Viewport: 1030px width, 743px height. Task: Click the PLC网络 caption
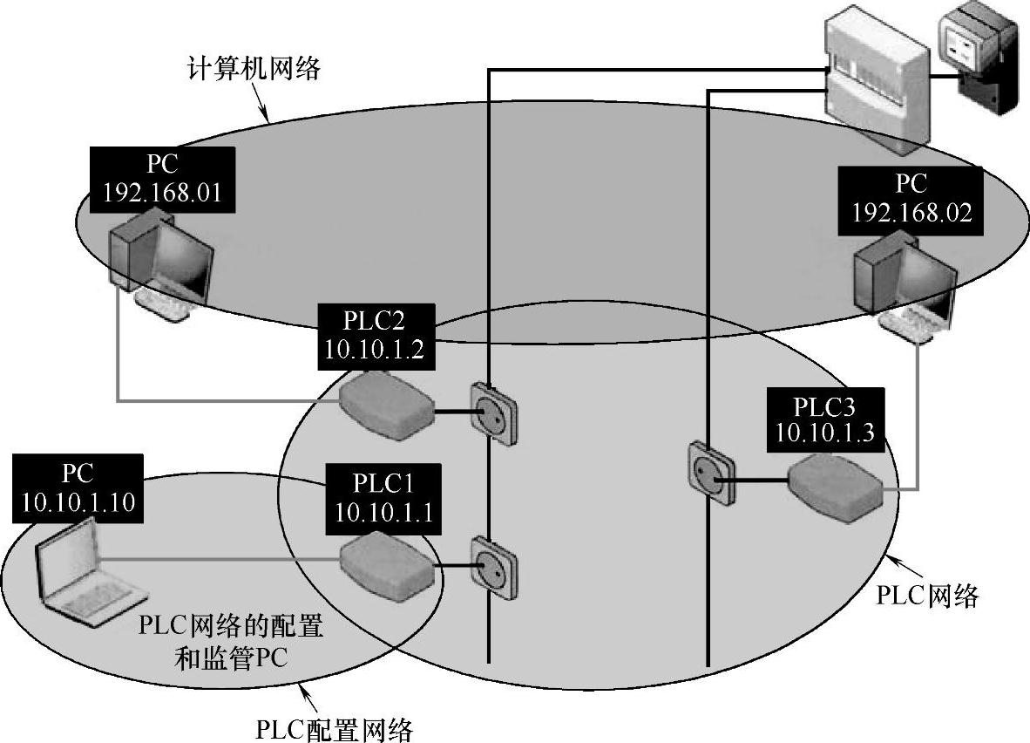(x=928, y=596)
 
